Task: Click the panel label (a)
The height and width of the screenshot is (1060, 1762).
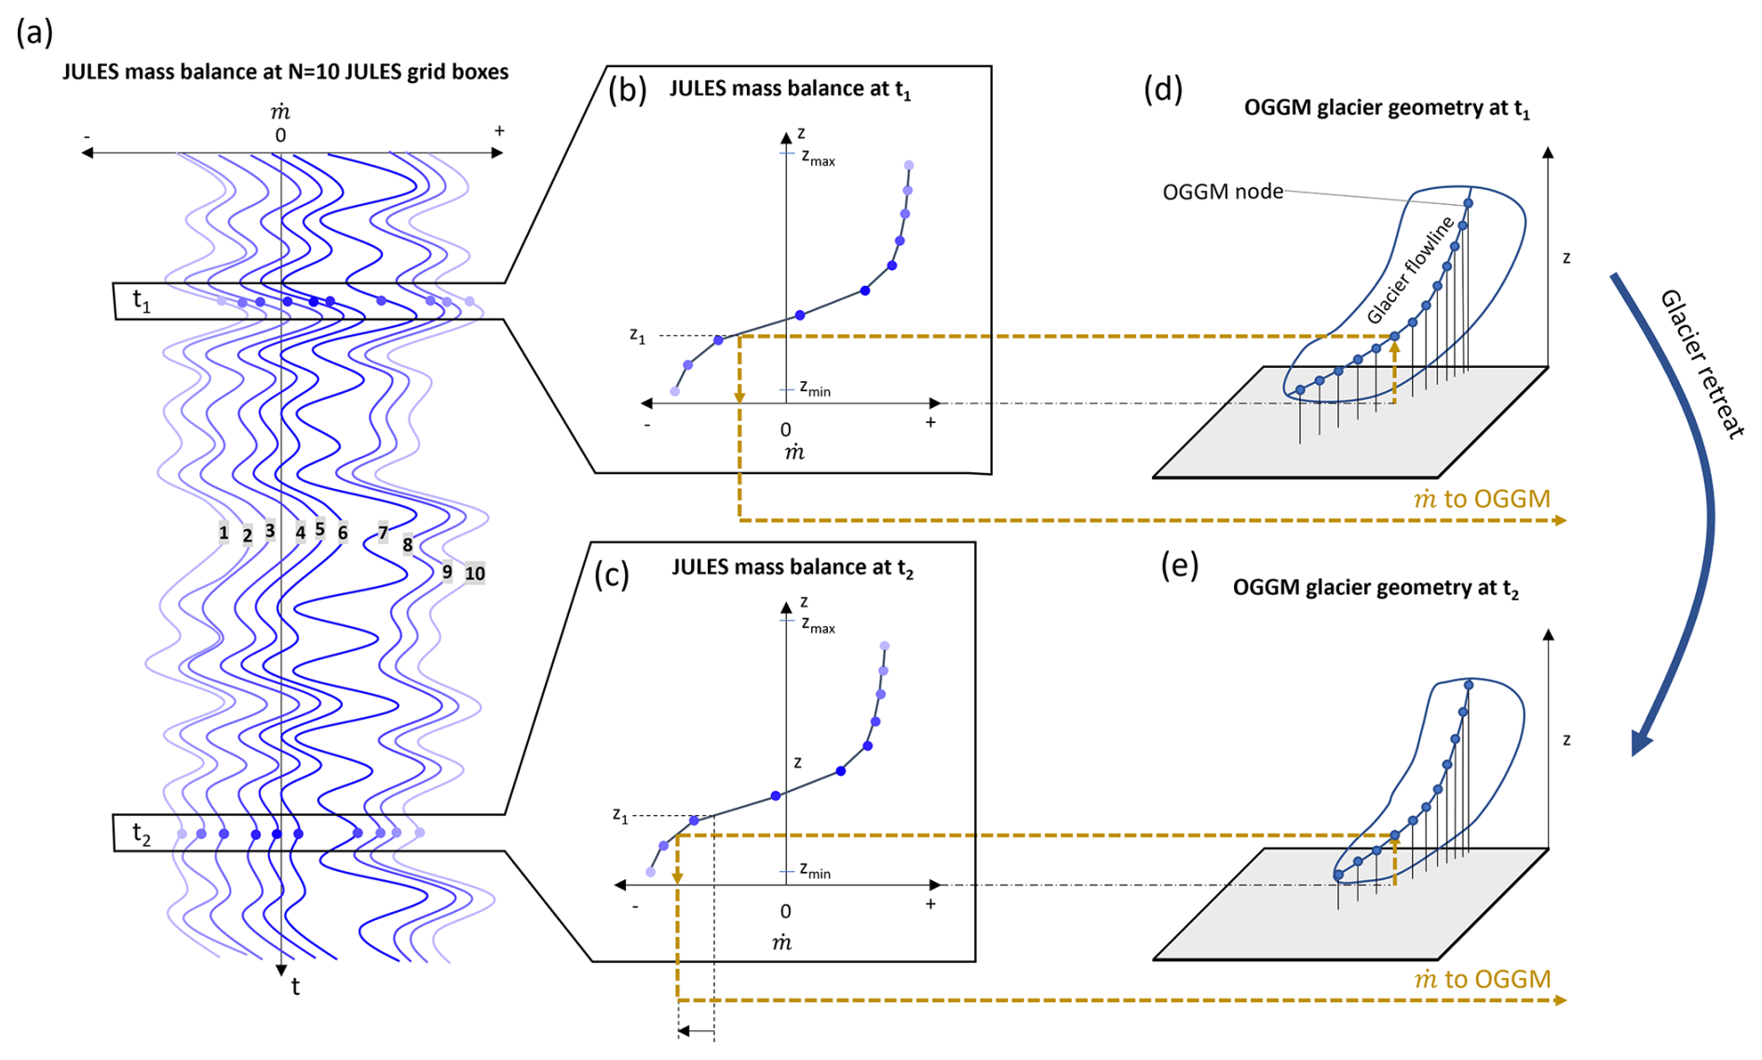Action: (34, 33)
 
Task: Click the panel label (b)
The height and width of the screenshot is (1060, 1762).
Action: (627, 90)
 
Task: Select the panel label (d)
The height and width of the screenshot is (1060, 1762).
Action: (1163, 88)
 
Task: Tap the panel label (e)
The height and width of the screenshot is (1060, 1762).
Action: (1179, 565)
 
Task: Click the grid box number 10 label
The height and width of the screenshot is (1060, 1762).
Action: (475, 574)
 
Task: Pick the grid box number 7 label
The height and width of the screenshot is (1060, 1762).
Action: (383, 533)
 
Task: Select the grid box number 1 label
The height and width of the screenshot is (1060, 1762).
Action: (224, 533)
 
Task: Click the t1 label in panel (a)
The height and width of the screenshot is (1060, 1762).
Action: (142, 301)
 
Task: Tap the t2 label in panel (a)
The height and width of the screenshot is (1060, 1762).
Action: (142, 833)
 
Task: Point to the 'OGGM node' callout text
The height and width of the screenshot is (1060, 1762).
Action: (1222, 192)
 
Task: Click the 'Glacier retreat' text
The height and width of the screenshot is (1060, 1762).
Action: (1701, 363)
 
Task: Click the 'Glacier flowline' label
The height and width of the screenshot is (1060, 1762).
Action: (1410, 270)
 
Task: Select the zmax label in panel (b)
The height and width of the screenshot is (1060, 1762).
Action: (818, 158)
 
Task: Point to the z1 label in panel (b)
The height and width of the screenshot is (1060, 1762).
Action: (637, 335)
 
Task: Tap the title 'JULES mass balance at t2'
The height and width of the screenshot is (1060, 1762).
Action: (792, 567)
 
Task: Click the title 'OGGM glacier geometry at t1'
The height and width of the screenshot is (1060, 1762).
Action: (1387, 108)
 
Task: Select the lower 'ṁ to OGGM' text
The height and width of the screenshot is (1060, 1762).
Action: (1482, 979)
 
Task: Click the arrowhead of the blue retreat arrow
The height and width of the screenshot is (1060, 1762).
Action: (1642, 741)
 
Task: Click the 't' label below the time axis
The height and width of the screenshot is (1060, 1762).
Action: (295, 987)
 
